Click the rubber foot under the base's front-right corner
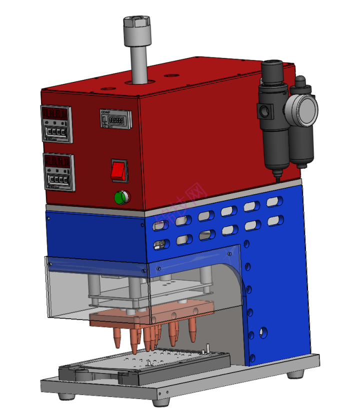coord(161,401)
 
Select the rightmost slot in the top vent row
coord(273,202)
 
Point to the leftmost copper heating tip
coord(117,339)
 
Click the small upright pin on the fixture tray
coord(206,348)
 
